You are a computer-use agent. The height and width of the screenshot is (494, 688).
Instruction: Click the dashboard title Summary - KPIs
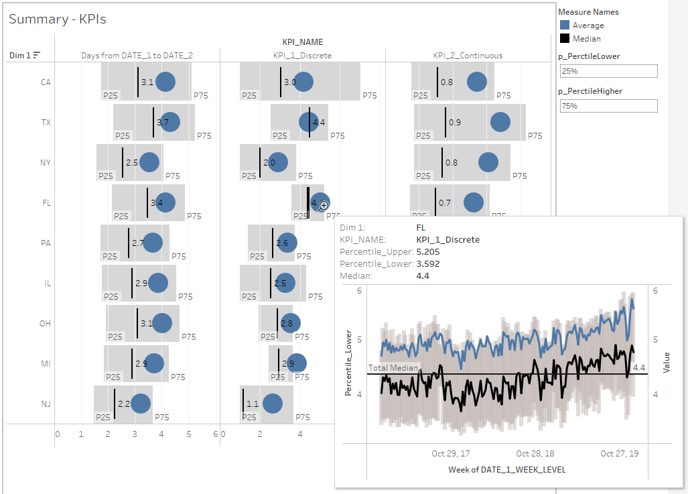57,19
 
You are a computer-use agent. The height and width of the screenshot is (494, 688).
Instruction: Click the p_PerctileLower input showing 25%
608,71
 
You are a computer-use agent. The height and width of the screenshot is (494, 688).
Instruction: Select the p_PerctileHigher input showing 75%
608,106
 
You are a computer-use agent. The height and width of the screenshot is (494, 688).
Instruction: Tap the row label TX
46,123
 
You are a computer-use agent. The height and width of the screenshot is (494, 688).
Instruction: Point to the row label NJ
46,404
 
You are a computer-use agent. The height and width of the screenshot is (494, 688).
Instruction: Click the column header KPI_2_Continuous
468,56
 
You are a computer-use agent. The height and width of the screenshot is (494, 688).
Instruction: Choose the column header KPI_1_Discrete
302,56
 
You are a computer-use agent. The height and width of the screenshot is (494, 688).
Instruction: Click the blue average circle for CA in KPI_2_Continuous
477,82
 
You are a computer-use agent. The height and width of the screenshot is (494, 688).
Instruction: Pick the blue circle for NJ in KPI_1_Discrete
273,404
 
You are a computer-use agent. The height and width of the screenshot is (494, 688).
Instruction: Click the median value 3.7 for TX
162,123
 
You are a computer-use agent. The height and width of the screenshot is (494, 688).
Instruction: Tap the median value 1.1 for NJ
253,404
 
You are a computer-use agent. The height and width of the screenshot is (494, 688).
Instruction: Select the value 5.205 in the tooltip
428,251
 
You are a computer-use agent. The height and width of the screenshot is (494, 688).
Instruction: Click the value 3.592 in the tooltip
428,263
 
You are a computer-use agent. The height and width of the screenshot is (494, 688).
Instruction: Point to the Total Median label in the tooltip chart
393,368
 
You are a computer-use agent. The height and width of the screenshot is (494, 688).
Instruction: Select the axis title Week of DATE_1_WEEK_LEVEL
506,469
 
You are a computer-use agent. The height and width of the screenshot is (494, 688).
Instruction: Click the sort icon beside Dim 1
37,55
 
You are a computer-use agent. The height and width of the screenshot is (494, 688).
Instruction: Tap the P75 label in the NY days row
173,176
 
